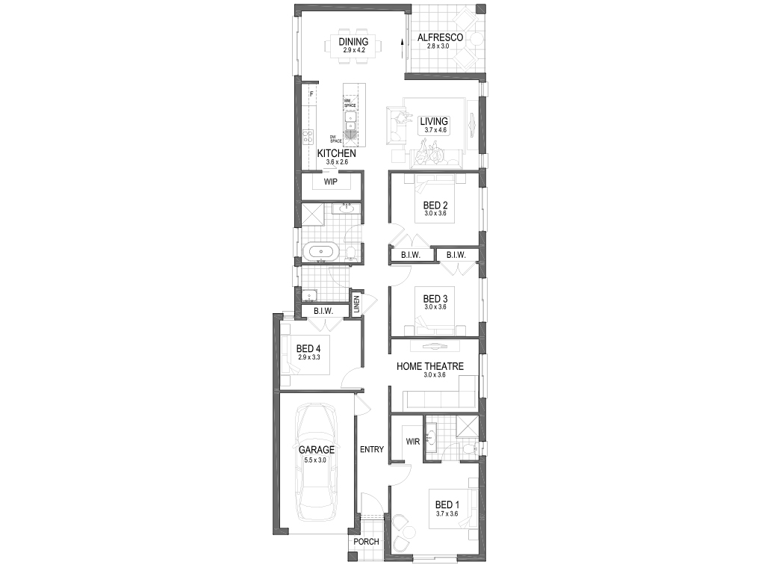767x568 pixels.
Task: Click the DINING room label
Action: tap(353, 41)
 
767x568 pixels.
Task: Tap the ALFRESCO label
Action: tap(440, 37)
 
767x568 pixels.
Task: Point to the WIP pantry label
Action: tap(331, 182)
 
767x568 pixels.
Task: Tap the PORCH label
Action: tap(367, 542)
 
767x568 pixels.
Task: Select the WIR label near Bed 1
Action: tap(412, 442)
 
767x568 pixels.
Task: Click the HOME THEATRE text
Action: tap(429, 366)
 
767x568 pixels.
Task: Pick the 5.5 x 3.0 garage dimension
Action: tap(315, 460)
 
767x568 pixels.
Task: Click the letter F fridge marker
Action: tap(311, 94)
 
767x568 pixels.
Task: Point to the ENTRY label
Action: tap(371, 449)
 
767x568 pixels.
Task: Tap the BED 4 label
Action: tap(308, 348)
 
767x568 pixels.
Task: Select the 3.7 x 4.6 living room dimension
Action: tap(434, 131)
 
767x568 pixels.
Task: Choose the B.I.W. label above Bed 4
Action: tap(323, 311)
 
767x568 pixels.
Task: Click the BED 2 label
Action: tap(435, 206)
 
